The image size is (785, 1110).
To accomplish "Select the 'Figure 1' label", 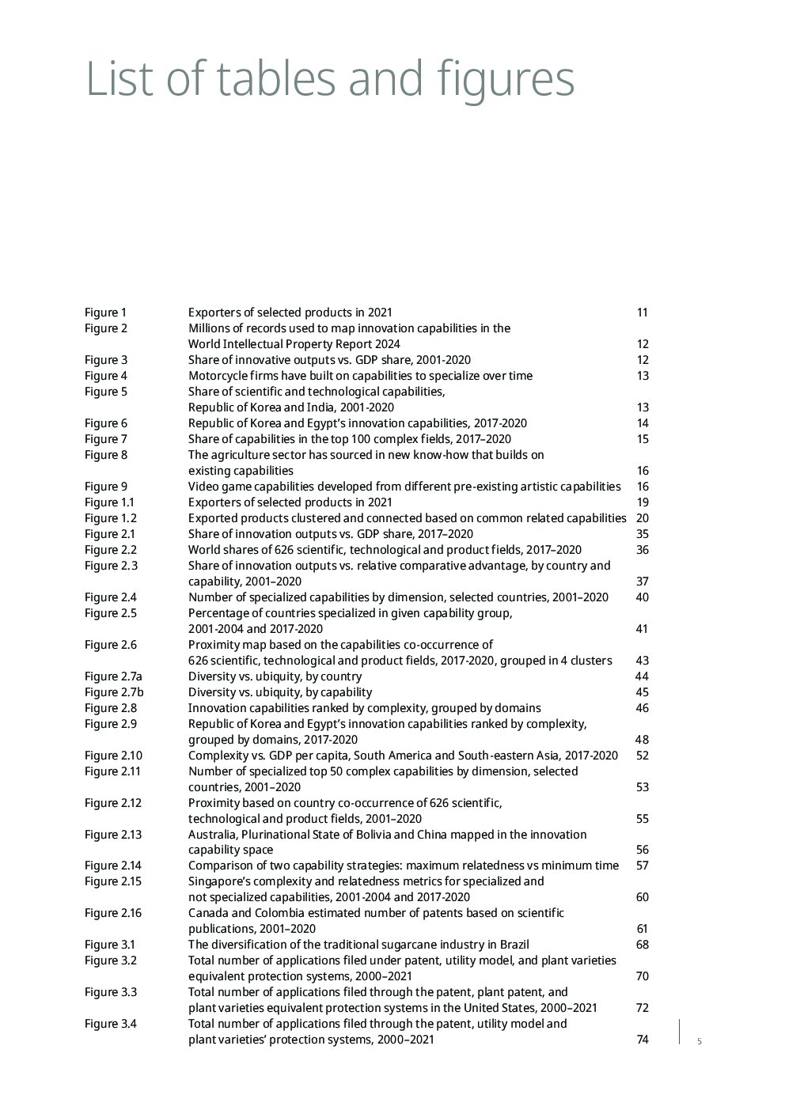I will coord(105,313).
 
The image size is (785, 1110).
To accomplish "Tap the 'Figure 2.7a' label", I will coord(113,676).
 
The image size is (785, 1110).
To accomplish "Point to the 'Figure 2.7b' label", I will coord(114,692).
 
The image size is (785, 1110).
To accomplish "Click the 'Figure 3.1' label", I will coord(110,945).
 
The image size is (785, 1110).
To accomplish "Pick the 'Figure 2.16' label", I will coord(113,913).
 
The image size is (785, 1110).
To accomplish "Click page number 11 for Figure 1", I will coord(642,313).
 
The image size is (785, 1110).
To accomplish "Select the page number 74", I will coord(642,1040).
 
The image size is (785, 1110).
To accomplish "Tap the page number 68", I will coord(642,945).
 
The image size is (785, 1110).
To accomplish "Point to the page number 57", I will coord(642,866).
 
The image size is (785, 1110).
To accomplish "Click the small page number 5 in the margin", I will coord(699,1042).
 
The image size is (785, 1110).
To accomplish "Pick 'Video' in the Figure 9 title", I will coord(203,487).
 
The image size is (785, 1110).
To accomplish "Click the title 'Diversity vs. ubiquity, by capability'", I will coord(280,692).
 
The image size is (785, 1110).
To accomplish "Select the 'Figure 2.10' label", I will coord(113,756).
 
